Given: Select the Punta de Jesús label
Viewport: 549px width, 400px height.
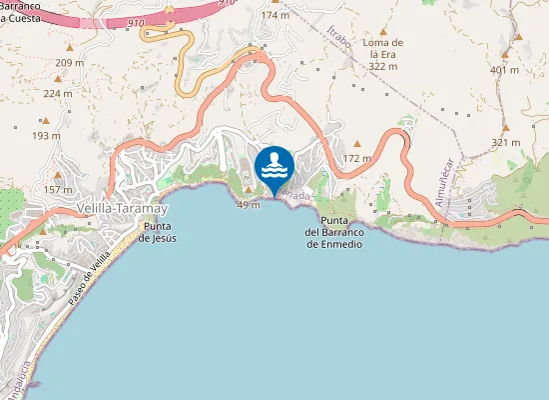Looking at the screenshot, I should click(x=158, y=232).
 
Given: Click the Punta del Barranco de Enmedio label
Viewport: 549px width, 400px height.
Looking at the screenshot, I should click(x=333, y=232).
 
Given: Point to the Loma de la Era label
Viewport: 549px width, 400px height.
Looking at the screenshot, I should click(x=382, y=54).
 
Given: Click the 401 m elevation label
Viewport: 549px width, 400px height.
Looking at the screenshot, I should click(x=505, y=70).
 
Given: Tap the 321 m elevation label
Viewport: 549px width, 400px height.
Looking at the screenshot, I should click(x=505, y=142).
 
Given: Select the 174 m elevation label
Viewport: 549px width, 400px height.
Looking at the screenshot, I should click(x=274, y=15).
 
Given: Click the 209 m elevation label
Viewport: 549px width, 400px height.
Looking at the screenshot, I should click(x=70, y=63).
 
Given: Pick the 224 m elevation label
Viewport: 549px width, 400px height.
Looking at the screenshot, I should click(x=58, y=93).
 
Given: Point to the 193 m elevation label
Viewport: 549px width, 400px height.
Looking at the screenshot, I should click(x=46, y=135).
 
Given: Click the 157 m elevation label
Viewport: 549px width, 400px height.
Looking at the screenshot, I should click(x=58, y=189).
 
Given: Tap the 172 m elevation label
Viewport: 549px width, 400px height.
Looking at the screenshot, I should click(x=356, y=158).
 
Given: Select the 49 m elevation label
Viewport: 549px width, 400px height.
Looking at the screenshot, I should click(x=249, y=204).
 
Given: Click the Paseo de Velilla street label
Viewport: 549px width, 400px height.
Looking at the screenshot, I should click(x=88, y=279).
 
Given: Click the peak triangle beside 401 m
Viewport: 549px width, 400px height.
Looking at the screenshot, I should click(x=519, y=53).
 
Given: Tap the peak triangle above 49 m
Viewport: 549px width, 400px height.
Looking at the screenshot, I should click(x=248, y=188).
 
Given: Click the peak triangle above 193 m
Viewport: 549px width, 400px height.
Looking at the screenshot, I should click(x=46, y=120).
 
